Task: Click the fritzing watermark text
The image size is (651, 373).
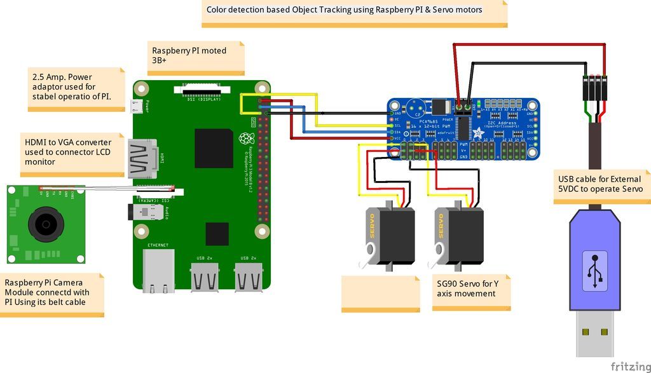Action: tap(630, 367)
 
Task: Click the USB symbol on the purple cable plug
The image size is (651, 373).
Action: tap(594, 271)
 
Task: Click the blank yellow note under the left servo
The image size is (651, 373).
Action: tap(380, 293)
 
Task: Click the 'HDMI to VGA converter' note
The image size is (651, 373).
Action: tap(73, 153)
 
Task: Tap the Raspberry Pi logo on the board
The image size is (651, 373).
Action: tap(244, 139)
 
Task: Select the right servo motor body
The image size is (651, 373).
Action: tap(460, 235)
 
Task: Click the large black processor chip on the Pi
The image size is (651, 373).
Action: tap(213, 148)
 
